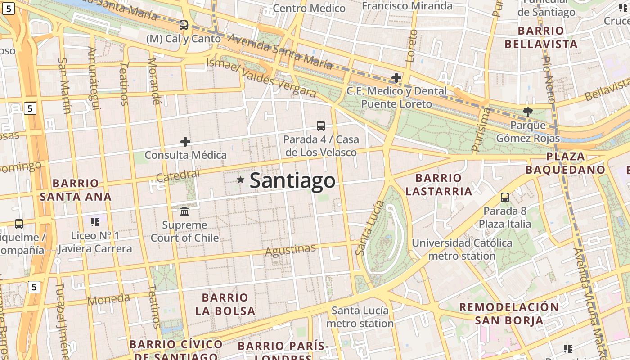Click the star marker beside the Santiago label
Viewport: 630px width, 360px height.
tap(241, 180)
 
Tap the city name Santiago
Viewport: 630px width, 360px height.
tap(292, 180)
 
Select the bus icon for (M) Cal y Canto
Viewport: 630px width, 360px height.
tap(183, 25)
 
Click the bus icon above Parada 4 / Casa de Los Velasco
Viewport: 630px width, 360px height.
tap(321, 126)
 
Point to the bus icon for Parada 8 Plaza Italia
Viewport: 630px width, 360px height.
tap(505, 197)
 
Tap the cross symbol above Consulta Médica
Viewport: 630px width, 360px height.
tap(185, 142)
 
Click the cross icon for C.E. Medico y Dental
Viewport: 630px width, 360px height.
tap(396, 78)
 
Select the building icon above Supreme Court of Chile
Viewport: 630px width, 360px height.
tap(184, 211)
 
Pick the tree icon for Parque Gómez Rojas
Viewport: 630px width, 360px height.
tap(527, 112)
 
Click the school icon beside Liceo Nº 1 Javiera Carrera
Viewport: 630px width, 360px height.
tap(94, 222)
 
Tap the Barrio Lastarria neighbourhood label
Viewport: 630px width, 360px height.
tap(439, 184)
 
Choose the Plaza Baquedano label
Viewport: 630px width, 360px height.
tap(566, 163)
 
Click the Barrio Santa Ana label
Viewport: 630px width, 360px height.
tap(76, 190)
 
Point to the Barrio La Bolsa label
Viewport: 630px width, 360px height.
tap(225, 304)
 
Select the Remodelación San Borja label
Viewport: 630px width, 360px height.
tap(509, 314)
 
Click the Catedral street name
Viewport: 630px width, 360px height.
tap(178, 176)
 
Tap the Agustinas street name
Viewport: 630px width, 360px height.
tap(290, 250)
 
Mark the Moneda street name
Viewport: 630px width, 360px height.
tap(108, 299)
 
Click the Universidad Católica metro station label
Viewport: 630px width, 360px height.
tap(462, 249)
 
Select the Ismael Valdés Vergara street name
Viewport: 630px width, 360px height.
tap(261, 78)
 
